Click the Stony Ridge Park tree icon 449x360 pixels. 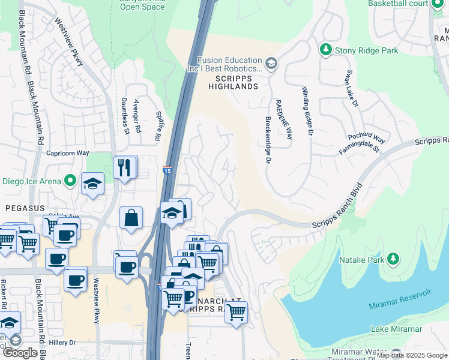[x=326, y=50]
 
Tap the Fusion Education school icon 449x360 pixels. [x=271, y=64]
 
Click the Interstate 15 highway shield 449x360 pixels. [x=167, y=171]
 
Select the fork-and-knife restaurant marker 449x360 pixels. [x=125, y=166]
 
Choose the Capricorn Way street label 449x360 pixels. [x=67, y=154]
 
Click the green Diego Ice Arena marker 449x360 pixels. [x=71, y=180]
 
